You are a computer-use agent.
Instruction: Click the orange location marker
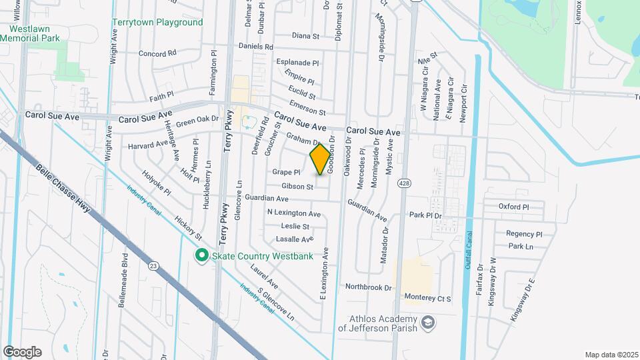click(321, 159)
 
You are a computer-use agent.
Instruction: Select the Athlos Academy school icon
click(429, 324)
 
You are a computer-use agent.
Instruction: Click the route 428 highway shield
click(403, 183)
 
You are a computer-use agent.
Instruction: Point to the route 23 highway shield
click(154, 266)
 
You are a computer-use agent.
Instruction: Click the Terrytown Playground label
click(157, 22)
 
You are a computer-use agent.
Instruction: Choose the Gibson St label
click(297, 187)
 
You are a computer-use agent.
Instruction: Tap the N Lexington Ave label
click(294, 213)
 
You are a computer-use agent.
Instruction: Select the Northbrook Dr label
click(368, 287)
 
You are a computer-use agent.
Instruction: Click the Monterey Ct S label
click(427, 299)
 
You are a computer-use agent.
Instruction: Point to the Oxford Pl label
click(513, 207)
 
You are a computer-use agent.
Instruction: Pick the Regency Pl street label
click(524, 234)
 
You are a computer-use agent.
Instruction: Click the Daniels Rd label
click(257, 47)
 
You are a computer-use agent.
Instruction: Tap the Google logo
click(22, 352)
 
